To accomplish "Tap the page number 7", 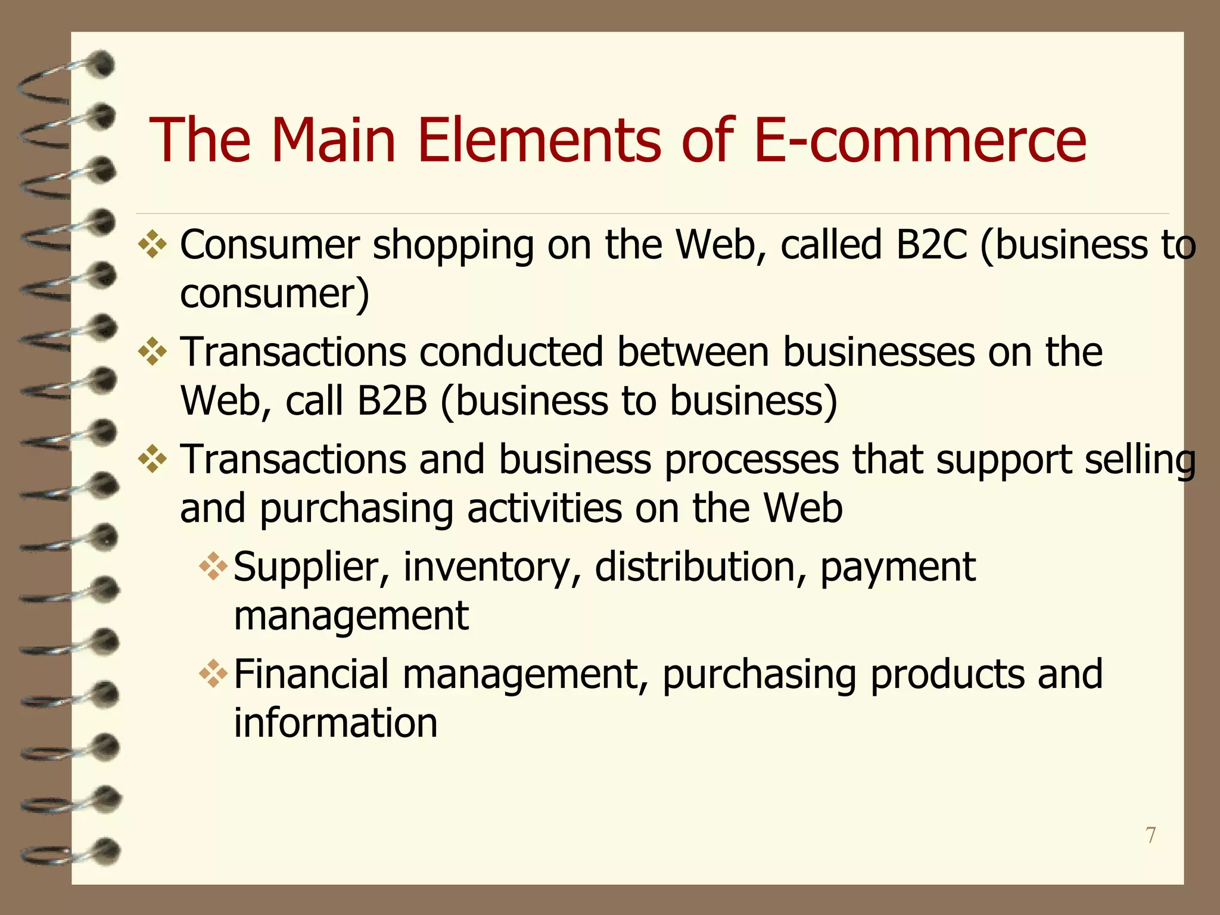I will (x=1151, y=835).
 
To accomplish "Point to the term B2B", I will (x=392, y=400).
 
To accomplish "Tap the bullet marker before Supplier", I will (x=214, y=567).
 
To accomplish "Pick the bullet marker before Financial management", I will (x=214, y=674).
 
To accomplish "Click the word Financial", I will (x=312, y=674).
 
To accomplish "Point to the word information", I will (x=335, y=723).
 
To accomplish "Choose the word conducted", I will (x=511, y=352).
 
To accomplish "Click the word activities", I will (x=544, y=509).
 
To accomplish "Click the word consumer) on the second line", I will (x=275, y=294).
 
